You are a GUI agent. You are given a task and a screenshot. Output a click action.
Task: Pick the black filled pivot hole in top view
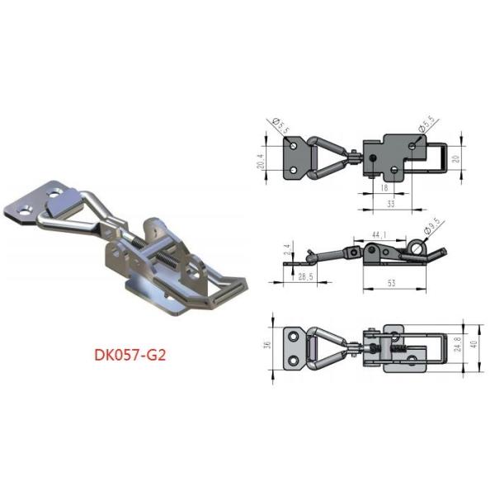click(374, 158)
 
